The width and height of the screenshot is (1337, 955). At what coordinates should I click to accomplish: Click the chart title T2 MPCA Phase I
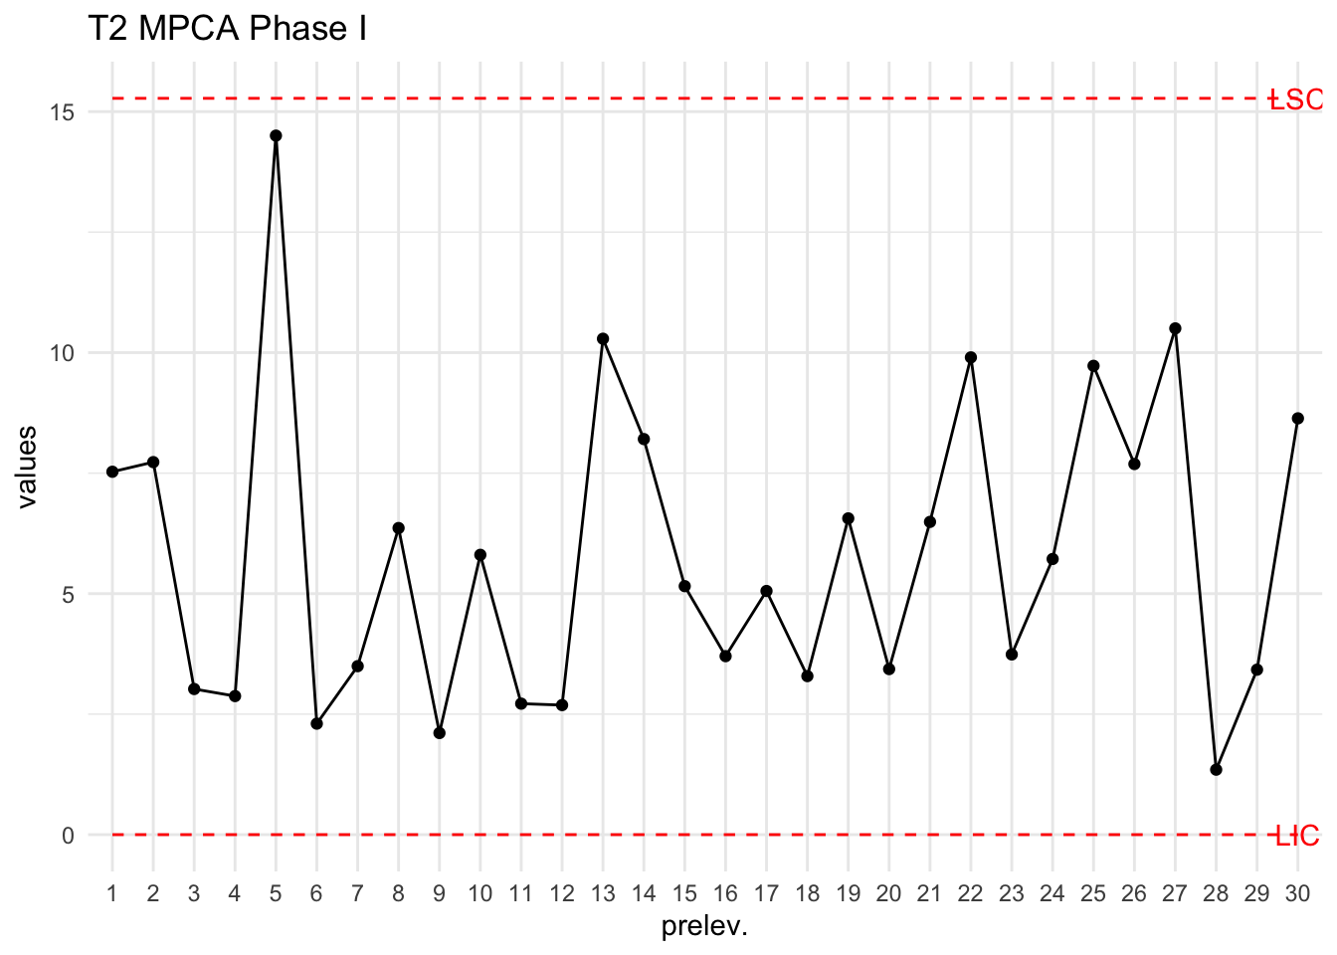[x=227, y=29]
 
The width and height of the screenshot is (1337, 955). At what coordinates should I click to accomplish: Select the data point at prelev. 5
[x=276, y=135]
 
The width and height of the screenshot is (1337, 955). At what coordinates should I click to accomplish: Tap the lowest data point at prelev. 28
[x=1216, y=770]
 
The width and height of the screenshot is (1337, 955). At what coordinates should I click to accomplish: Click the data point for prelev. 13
[x=603, y=339]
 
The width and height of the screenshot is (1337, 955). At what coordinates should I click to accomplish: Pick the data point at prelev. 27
[x=1175, y=328]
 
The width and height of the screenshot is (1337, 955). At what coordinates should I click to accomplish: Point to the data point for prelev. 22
[x=971, y=357]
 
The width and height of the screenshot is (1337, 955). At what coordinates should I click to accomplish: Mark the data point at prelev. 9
[x=440, y=733]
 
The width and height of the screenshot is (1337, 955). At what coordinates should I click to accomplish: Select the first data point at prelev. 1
[x=112, y=472]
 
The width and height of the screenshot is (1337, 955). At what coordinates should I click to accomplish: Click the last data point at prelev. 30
[x=1297, y=419]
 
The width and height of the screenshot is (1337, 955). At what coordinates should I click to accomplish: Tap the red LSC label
[x=1295, y=99]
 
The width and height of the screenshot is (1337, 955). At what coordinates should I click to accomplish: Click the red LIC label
[x=1297, y=836]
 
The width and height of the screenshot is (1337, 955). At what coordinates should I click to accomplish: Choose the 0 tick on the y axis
[x=68, y=836]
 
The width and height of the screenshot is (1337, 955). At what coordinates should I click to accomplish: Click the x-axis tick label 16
[x=725, y=893]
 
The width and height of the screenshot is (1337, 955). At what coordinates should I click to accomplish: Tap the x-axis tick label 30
[x=1297, y=893]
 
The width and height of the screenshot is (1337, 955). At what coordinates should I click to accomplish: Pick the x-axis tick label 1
[x=112, y=893]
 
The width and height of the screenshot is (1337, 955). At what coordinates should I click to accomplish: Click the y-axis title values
[x=27, y=467]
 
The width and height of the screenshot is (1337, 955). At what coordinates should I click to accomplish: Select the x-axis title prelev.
[x=704, y=927]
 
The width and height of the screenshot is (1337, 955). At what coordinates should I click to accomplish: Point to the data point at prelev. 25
[x=1093, y=366]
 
